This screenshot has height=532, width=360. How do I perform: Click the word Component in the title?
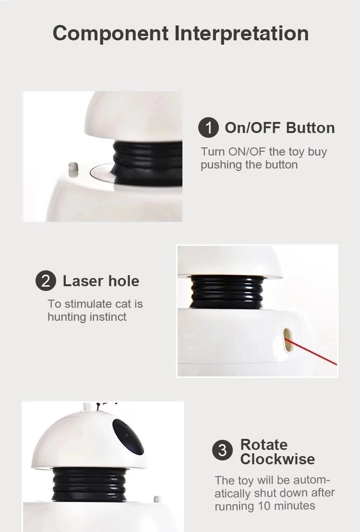point(110,34)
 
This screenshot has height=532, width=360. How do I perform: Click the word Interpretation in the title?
point(241,33)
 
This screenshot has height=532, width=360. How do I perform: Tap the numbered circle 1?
point(208,128)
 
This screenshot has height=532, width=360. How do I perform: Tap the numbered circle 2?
point(46,281)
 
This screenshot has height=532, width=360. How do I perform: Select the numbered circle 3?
point(222,450)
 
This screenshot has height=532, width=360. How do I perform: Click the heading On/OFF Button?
point(279,128)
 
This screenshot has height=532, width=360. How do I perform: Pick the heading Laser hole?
point(101,281)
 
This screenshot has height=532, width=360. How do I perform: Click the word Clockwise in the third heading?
point(277,459)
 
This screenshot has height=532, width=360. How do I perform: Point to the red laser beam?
point(312,351)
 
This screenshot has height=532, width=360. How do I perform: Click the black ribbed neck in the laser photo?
point(227,292)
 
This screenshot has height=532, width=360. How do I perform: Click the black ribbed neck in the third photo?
point(89,484)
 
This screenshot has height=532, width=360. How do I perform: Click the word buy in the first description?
point(317,152)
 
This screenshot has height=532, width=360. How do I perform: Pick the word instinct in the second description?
point(108,317)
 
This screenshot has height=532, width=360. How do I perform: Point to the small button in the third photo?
point(157,499)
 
